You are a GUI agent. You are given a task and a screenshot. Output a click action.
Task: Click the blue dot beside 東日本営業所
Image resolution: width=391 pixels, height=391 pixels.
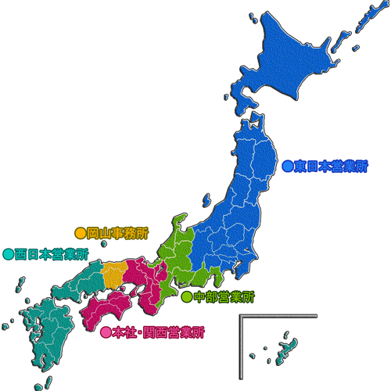(287, 166)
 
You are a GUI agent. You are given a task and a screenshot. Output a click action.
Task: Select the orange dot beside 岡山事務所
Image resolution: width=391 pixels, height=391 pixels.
(79, 232)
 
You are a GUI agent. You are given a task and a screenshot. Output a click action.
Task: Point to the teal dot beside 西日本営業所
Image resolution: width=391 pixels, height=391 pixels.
(8, 253)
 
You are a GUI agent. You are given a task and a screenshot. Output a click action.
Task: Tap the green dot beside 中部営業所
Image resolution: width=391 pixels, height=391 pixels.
(186, 296)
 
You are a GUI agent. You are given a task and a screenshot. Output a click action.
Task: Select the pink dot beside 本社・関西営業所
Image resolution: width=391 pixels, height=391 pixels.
(106, 332)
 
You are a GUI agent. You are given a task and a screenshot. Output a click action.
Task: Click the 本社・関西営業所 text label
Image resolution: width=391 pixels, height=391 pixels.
(157, 332)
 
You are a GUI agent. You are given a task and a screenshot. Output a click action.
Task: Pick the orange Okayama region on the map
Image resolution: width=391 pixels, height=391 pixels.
(113, 274)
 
